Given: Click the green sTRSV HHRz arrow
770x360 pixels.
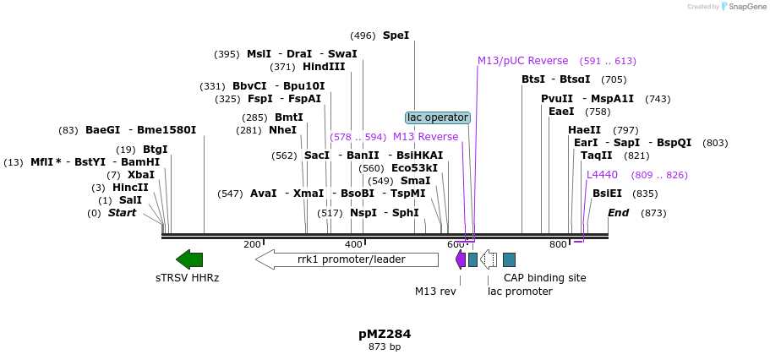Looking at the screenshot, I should point(189,259).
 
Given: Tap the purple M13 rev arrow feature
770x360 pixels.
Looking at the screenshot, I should point(461,259).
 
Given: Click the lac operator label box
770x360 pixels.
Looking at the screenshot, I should point(437,117).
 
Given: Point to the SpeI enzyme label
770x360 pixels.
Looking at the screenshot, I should point(396,35).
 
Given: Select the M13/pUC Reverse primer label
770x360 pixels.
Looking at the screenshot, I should point(522,61).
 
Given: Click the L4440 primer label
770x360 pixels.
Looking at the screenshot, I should point(602,175).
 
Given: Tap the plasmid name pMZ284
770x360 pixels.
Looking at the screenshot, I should point(385,334).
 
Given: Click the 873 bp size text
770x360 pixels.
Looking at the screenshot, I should point(385,347).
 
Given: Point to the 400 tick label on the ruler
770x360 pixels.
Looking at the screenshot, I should point(353,244).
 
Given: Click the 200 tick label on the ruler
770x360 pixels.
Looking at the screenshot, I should point(252,244).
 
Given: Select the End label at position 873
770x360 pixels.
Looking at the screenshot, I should point(618,213).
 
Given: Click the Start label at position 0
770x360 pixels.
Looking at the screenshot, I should point(122,213).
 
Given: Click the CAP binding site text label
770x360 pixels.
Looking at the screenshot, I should point(544,277).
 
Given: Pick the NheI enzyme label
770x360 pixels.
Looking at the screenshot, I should point(282,130).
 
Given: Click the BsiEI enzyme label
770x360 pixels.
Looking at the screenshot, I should point(607,194).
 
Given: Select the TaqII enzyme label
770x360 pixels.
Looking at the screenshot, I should point(596,155).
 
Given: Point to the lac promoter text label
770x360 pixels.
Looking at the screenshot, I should point(520,292).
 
